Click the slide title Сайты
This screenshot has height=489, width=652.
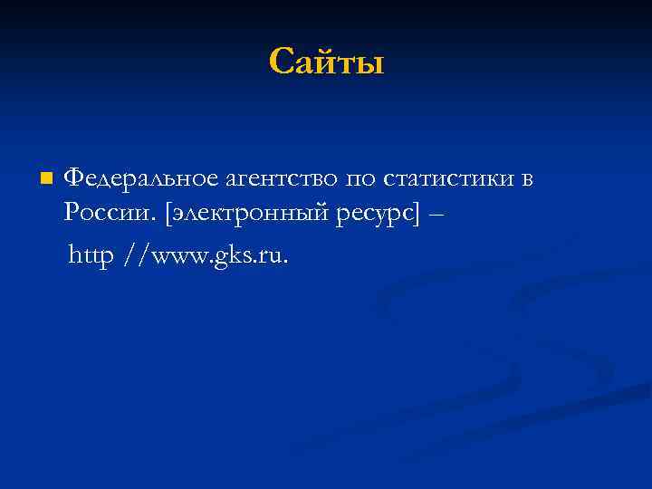(x=326, y=62)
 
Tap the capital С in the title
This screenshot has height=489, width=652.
(x=281, y=62)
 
